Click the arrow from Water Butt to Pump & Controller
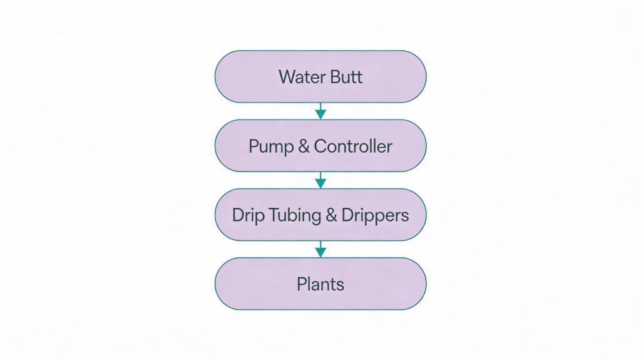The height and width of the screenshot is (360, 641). tap(320, 111)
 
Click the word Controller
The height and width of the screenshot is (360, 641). tap(353, 147)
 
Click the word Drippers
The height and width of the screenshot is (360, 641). tap(375, 216)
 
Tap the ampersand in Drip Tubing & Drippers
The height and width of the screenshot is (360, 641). tap(332, 215)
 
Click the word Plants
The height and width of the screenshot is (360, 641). tap(320, 284)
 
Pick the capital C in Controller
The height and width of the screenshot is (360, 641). tap(320, 147)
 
